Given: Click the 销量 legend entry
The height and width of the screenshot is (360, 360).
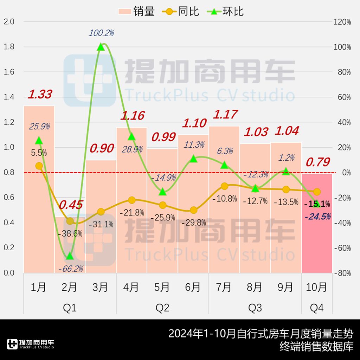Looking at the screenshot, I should coord(136,12).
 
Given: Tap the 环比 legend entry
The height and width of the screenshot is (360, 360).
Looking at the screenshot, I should coord(225,12).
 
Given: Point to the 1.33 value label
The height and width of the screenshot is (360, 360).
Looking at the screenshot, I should coord(40,94).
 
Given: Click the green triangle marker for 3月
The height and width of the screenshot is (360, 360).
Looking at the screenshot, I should coord(101,47).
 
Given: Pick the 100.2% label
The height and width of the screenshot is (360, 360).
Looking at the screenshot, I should coord(101,33).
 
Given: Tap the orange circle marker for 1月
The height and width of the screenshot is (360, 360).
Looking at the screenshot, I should coord(39,166).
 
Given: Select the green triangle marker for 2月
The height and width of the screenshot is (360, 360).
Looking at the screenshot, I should coord(70,256).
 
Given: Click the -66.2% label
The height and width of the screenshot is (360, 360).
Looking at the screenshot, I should coord(71,269).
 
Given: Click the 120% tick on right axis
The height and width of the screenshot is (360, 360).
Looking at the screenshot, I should coord(342,22).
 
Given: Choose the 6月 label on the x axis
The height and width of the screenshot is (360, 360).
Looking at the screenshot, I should coord(193,287).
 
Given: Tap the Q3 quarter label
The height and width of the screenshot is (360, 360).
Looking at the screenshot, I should coord(255,308).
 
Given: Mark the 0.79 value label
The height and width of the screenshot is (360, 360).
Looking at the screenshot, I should coord(318,162).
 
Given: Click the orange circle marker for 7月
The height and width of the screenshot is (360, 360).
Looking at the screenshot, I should coord(225,186).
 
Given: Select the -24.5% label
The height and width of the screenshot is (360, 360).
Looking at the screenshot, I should coord(318,217).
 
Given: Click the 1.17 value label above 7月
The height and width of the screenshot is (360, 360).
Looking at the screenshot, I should coord(225,114).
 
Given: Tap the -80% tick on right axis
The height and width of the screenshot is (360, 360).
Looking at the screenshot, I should coord(342,273).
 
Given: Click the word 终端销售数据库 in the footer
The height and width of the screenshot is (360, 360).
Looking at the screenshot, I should coord(316,347).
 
